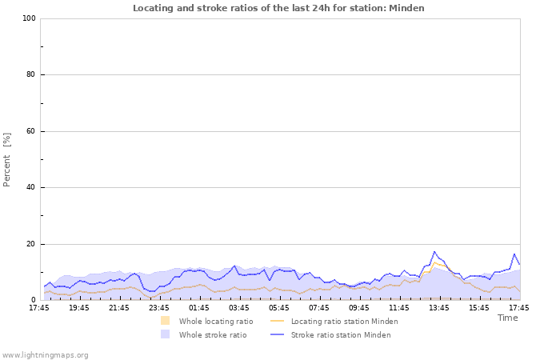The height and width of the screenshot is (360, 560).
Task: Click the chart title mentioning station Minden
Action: [278, 8]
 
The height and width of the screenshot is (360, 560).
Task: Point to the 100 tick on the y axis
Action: [29, 18]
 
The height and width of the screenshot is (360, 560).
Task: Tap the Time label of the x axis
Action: [507, 318]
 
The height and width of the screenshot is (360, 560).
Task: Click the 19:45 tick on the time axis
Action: [79, 307]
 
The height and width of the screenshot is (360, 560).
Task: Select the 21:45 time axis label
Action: [119, 307]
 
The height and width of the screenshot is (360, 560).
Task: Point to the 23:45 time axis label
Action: [159, 307]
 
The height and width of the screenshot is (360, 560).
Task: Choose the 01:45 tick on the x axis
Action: [199, 307]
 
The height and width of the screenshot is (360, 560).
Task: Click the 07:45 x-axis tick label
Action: [319, 307]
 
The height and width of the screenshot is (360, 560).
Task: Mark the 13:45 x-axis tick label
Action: [439, 307]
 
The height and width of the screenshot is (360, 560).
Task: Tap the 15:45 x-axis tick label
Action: [479, 307]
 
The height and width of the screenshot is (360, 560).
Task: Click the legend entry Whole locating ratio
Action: [215, 321]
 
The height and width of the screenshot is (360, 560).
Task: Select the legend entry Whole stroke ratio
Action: [212, 334]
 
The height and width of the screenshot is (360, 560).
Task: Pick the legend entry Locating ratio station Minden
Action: [344, 321]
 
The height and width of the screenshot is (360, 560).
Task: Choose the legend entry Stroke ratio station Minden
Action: [341, 334]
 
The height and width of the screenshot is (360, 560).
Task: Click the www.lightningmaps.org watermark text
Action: [45, 354]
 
